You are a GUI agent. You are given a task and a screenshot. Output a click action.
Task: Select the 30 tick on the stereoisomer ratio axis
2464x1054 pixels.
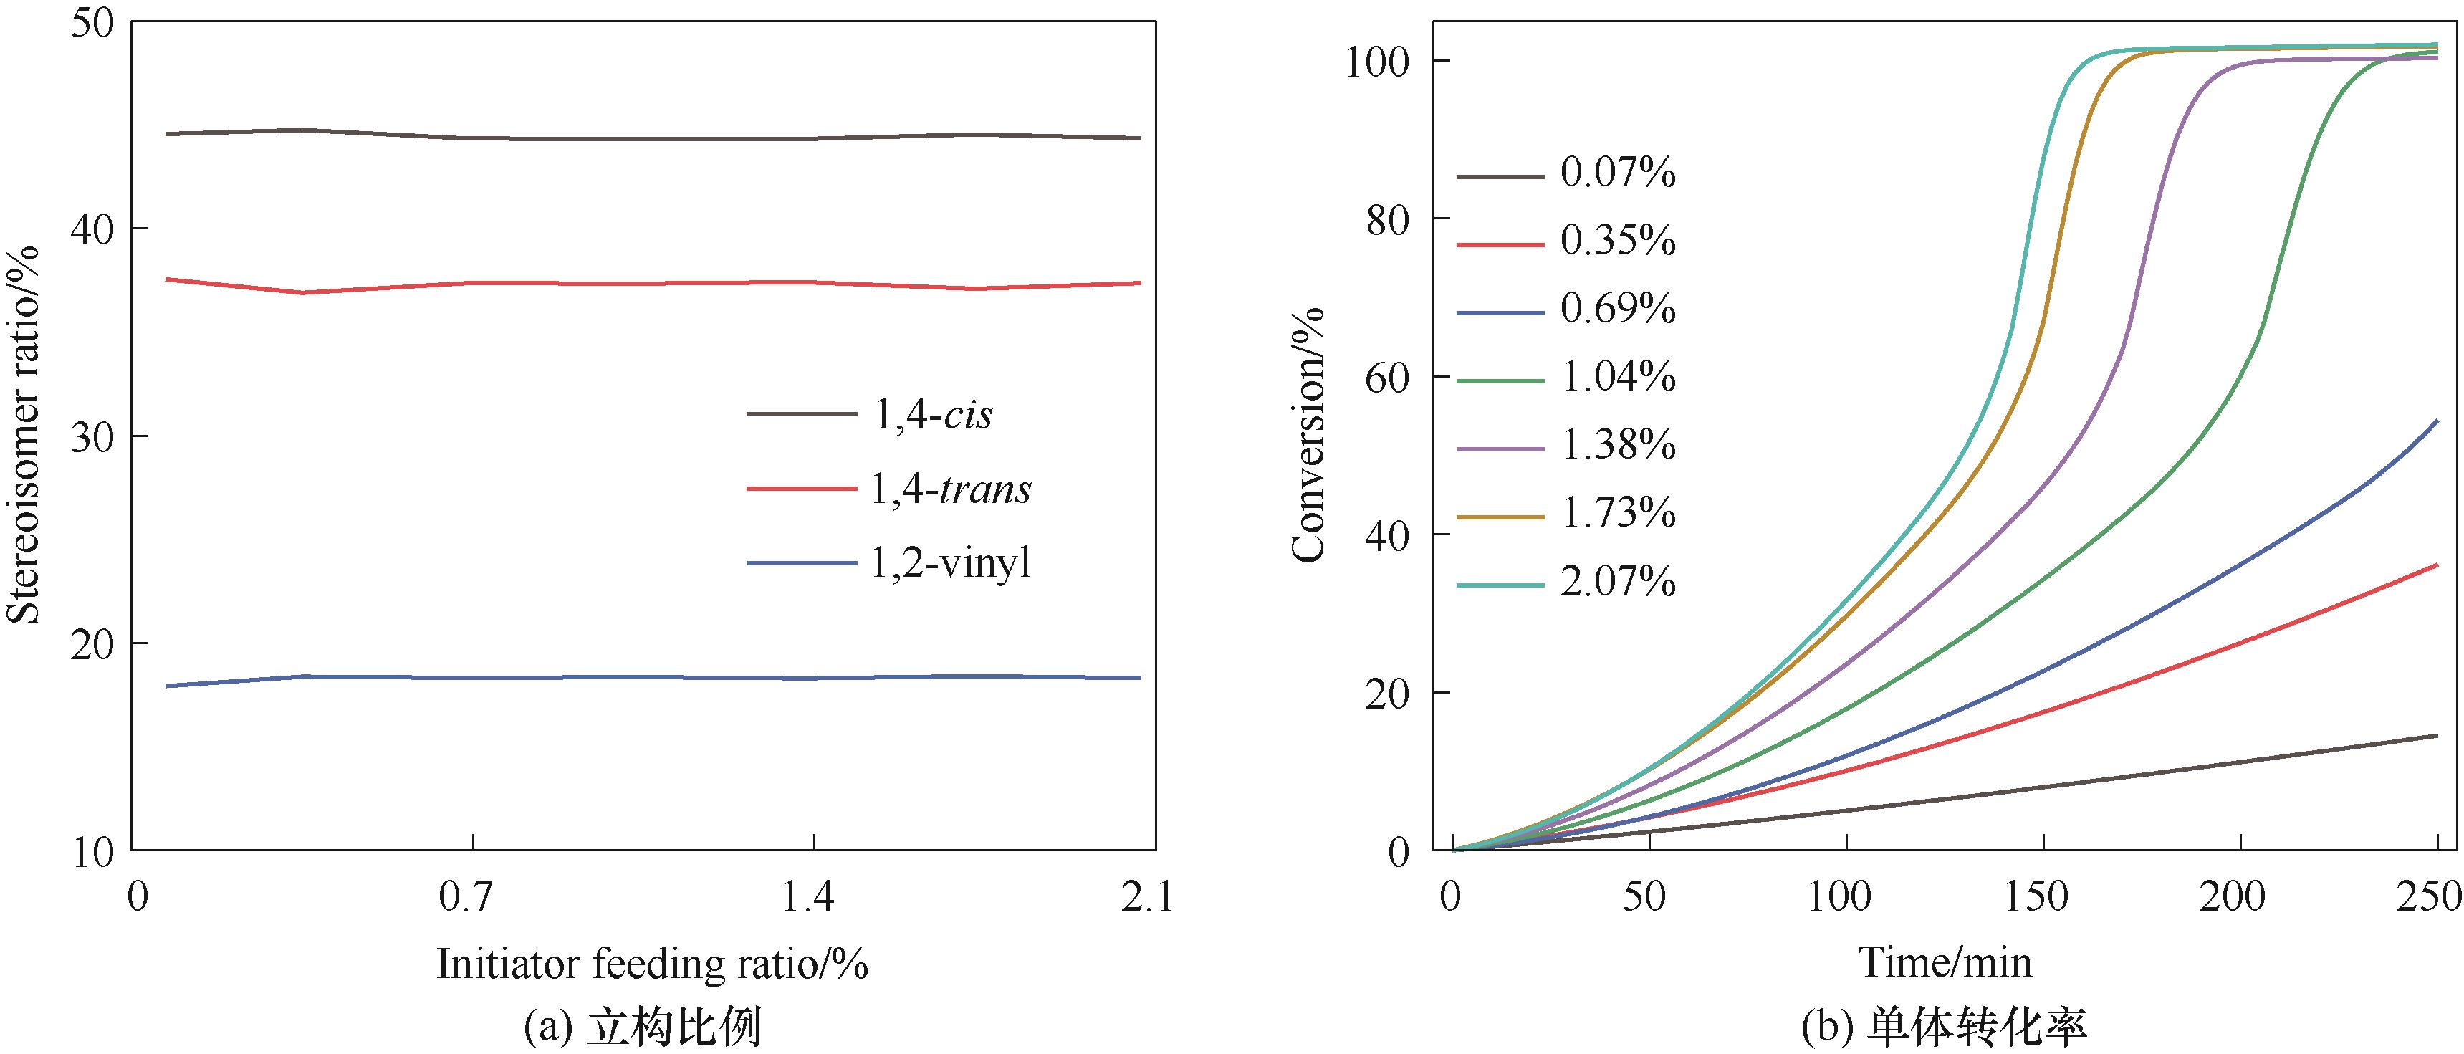[94, 436]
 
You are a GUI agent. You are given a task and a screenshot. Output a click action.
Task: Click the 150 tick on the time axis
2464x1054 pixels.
[2041, 897]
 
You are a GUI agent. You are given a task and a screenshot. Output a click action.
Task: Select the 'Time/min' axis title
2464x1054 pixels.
[1945, 962]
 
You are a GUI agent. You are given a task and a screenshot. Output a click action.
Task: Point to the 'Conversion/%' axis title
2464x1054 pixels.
[1308, 435]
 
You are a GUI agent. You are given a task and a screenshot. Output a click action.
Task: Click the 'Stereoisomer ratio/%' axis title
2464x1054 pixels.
[23, 435]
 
